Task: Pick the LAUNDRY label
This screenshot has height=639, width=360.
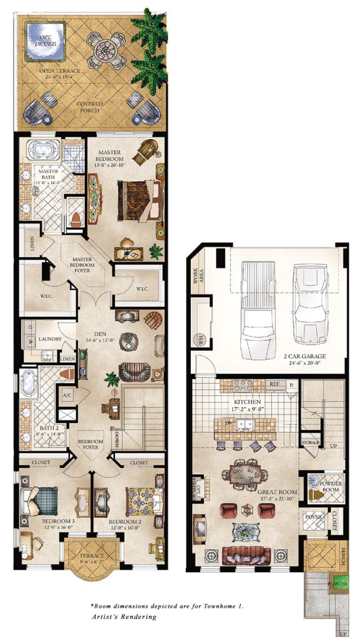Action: [x=49, y=339]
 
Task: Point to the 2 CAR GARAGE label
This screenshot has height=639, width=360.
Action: [x=315, y=357]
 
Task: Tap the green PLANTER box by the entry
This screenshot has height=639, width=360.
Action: [x=339, y=578]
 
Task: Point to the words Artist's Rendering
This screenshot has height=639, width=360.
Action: [x=124, y=617]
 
